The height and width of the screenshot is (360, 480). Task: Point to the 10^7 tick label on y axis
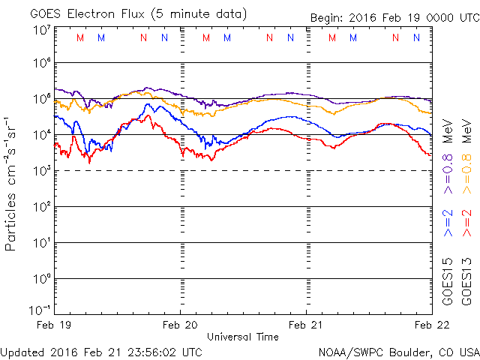[41, 29]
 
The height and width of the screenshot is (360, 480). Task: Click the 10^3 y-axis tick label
[41, 170]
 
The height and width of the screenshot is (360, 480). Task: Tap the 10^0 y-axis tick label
[41, 278]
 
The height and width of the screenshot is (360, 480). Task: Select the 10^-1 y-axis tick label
[40, 309]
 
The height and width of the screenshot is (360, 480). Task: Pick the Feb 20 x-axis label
[181, 325]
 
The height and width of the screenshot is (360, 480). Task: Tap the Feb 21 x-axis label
[307, 325]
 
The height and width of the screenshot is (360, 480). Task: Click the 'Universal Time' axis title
[243, 337]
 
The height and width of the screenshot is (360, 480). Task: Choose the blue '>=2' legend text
[448, 223]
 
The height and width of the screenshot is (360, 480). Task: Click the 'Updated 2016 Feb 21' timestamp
[101, 351]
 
